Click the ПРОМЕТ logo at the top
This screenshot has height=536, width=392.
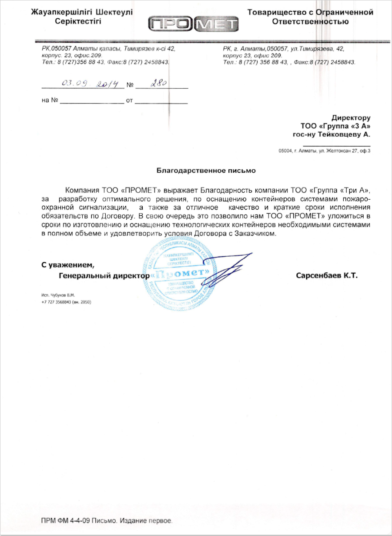tap(194, 24)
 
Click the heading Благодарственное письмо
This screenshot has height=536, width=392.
tap(206, 171)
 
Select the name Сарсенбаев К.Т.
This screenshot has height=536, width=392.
tap(326, 275)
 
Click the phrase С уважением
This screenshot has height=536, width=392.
tap(67, 264)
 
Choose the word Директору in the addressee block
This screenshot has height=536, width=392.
tap(351, 118)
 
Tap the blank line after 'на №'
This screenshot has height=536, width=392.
tap(91, 103)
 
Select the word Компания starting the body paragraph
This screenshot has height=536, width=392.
tap(82, 190)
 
